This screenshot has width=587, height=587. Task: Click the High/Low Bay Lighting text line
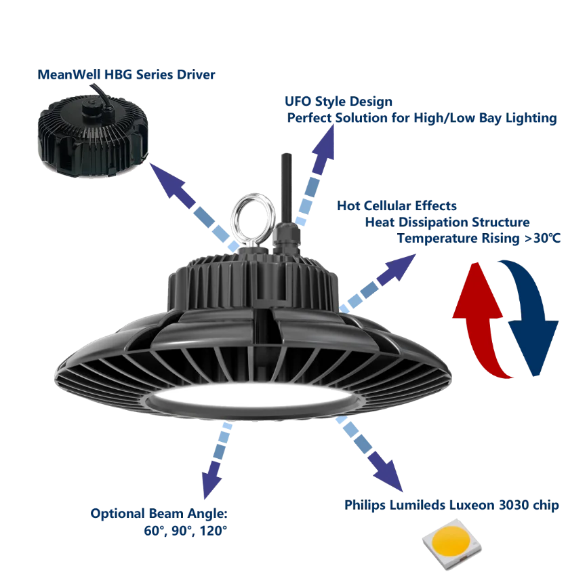click(x=421, y=119)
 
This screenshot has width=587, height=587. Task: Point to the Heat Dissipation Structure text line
click(x=447, y=222)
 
